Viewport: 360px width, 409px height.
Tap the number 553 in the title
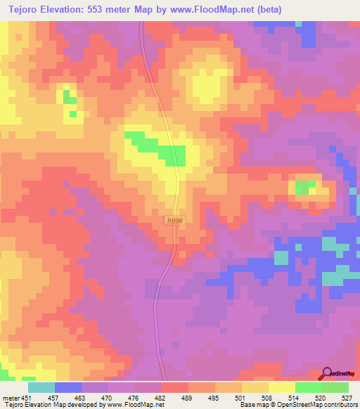click(x=107, y=9)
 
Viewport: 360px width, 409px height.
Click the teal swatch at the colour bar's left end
click(x=41, y=387)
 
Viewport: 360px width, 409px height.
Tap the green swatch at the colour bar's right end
click(x=335, y=387)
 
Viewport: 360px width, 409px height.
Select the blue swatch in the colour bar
click(x=68, y=387)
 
